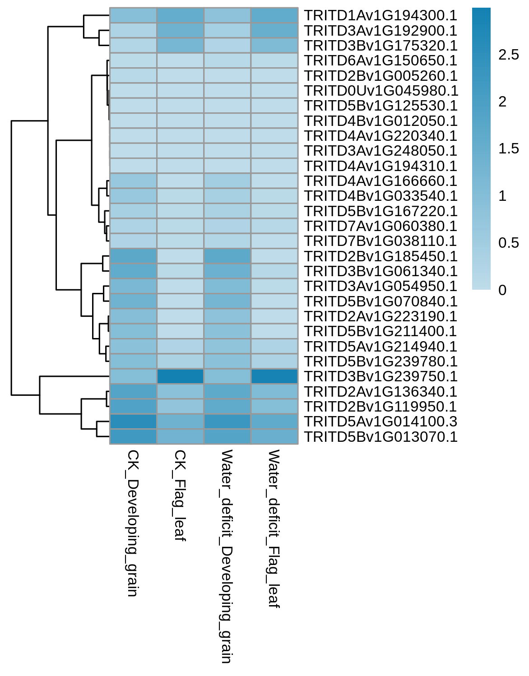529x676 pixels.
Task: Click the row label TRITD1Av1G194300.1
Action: point(380,15)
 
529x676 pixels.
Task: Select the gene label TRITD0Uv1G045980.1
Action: point(381,91)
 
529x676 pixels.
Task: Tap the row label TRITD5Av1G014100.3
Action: point(380,421)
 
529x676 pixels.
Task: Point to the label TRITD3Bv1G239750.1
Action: point(381,376)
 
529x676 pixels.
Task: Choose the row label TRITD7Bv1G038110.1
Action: point(380,241)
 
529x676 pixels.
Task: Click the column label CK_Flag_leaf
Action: point(179,495)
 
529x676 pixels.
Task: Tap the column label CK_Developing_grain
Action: point(132,523)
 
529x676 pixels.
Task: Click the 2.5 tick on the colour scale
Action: point(508,55)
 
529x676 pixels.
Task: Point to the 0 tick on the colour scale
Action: point(502,290)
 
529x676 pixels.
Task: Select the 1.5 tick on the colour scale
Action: point(508,149)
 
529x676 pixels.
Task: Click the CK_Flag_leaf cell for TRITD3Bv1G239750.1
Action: point(180,376)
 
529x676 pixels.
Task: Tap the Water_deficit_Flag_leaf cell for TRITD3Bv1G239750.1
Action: point(274,376)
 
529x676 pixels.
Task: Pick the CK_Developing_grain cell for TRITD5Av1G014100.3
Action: point(133,421)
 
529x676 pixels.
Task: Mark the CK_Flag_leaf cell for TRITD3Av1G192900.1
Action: point(180,31)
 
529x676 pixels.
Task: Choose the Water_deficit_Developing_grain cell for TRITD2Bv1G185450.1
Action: point(227,256)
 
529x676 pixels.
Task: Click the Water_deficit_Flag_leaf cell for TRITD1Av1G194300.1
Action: point(274,15)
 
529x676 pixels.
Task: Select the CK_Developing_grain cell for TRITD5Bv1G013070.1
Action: point(133,436)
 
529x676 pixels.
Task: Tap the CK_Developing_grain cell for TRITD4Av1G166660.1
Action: point(133,181)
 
